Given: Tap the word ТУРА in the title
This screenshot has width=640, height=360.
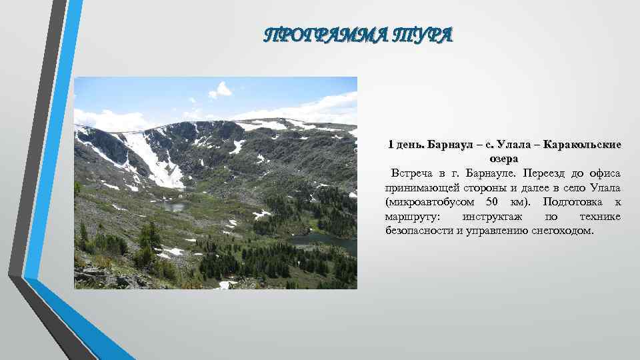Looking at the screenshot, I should click(x=427, y=34).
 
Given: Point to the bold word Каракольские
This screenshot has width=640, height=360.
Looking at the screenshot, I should click(x=584, y=145).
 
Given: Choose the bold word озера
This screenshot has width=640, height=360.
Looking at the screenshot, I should click(x=503, y=159).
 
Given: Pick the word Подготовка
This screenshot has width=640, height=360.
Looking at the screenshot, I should click(x=574, y=202).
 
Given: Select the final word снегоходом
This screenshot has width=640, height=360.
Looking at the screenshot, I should click(x=562, y=231).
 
